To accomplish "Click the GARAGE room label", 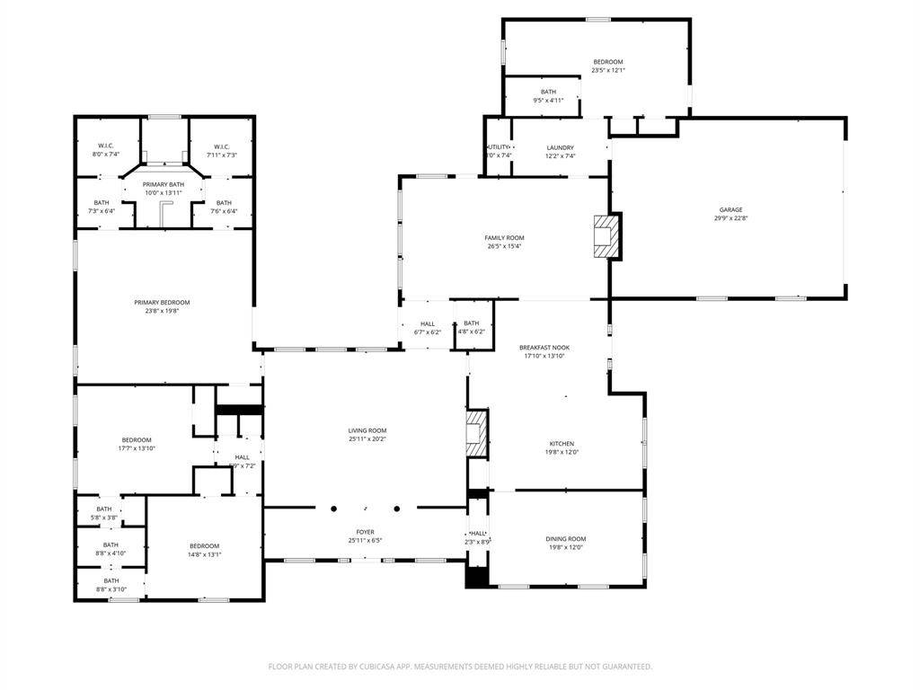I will coord(730,209).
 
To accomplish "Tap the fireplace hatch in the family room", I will coord(606,235).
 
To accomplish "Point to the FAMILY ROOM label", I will coord(504,238).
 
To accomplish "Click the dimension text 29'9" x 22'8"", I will coord(730,218).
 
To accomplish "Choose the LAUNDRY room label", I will coord(561,147).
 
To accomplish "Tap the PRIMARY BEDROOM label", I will coord(163,303).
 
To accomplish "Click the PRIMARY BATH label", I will coord(163,184).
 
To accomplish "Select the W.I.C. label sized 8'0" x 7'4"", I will coord(106,146).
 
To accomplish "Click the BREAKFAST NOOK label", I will coord(544,348).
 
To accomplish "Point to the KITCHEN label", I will coord(562,444).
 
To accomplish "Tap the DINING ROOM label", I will coord(566,539).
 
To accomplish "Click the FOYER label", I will coord(365,532).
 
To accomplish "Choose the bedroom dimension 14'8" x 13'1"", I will coord(204,554).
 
